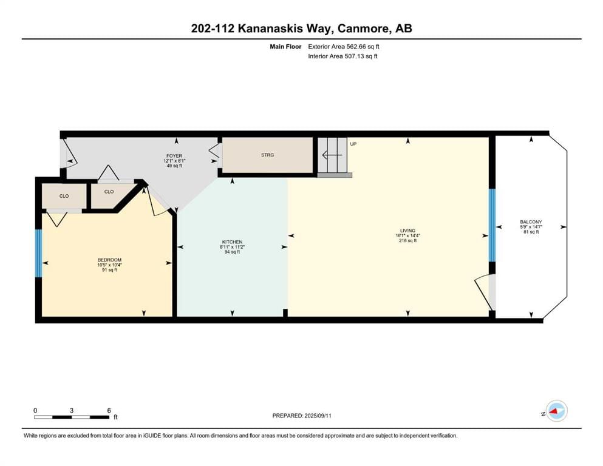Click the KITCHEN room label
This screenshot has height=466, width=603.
tap(232, 242)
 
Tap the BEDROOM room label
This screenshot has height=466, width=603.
tap(109, 260)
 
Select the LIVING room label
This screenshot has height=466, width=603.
tap(407, 231)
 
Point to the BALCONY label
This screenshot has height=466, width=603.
tap(531, 222)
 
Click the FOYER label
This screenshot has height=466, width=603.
tap(174, 156)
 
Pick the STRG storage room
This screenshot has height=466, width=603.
tap(267, 155)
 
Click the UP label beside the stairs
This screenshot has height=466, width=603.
tap(353, 144)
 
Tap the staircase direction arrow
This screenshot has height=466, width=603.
tap(332, 155)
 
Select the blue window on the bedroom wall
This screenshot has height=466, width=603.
tap(38, 253)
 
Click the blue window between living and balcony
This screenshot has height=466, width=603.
tap(492, 225)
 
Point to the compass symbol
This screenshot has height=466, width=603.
tap(556, 411)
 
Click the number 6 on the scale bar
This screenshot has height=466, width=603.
tap(109, 410)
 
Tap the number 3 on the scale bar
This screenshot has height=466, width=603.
tap(72, 410)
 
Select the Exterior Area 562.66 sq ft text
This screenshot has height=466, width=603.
tap(344, 47)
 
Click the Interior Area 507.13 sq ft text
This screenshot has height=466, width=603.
tap(342, 56)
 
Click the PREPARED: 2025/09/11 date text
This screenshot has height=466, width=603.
tap(302, 416)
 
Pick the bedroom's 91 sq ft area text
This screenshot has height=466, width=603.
tap(109, 270)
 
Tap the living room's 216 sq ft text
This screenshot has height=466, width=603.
tap(407, 241)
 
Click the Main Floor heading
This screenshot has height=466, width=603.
tap(286, 47)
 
